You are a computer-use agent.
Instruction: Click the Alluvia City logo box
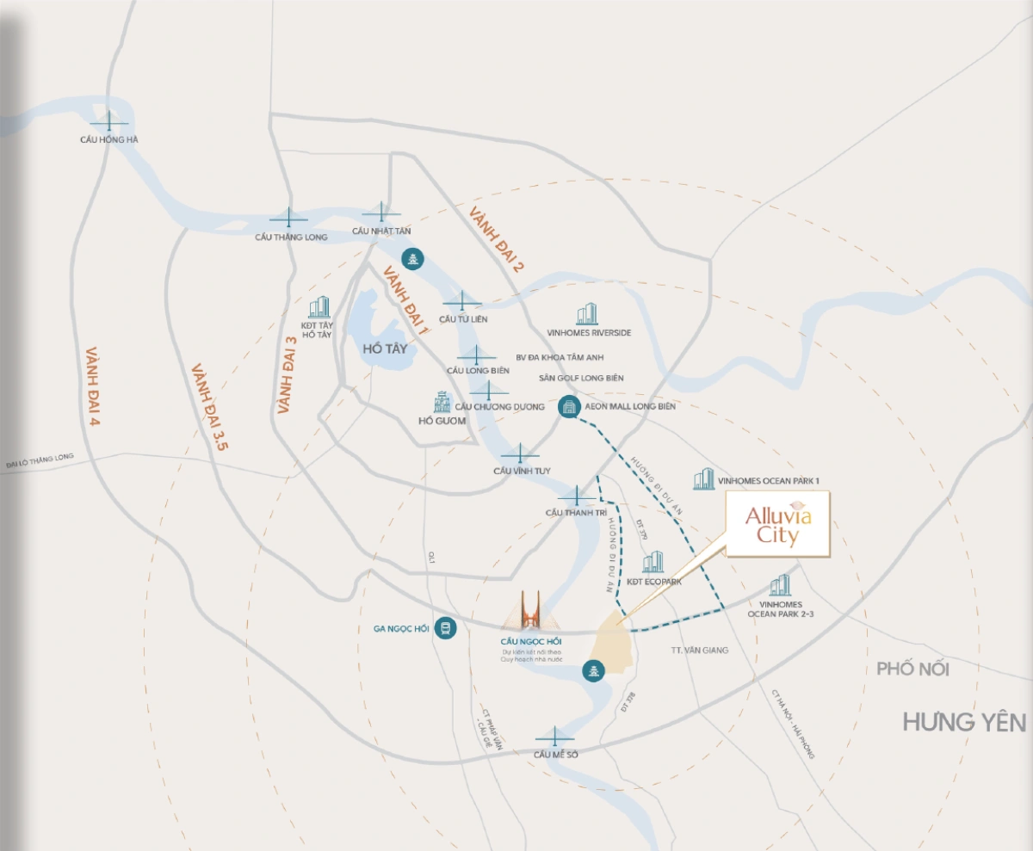(x=777, y=524)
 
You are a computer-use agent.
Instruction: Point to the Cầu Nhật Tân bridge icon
(x=381, y=213)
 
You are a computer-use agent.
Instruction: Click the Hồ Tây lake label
(x=384, y=348)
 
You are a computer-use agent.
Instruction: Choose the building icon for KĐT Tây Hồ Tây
(x=319, y=308)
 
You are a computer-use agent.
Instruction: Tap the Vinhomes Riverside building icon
(x=587, y=314)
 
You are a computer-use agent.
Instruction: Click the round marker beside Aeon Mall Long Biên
(x=569, y=407)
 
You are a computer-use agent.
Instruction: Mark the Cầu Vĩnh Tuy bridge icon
(x=520, y=453)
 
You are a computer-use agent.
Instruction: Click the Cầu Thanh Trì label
(x=571, y=513)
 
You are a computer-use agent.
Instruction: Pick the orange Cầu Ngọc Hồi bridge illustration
(x=530, y=612)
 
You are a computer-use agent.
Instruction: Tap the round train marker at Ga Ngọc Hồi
(x=445, y=628)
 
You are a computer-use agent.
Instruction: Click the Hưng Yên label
(x=964, y=722)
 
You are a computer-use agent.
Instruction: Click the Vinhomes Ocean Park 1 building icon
(x=704, y=479)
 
